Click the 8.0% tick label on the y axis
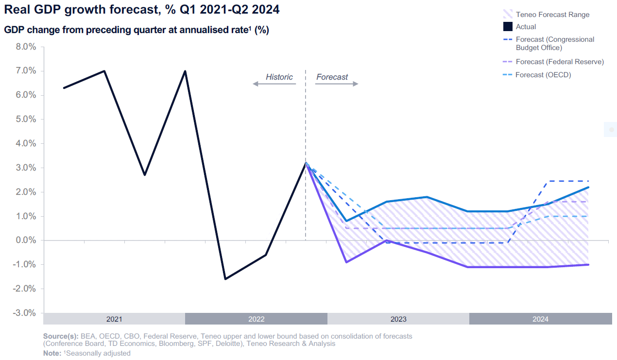(x=26, y=47)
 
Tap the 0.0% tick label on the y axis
(x=26, y=240)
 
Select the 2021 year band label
(x=114, y=319)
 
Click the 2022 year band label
(x=256, y=319)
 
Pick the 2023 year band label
(x=398, y=319)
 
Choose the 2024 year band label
(x=540, y=319)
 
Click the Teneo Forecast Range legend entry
(x=552, y=15)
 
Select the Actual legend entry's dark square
(x=508, y=27)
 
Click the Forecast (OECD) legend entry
(x=543, y=75)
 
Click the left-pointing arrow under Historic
(x=274, y=84)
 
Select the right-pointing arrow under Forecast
(x=337, y=84)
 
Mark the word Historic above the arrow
(x=279, y=77)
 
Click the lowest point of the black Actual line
(x=225, y=279)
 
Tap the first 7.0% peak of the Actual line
(x=104, y=71)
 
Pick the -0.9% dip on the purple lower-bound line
(x=346, y=262)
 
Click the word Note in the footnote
(x=51, y=353)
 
